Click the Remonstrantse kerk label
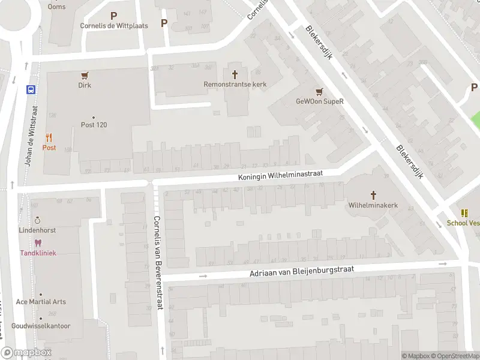[x=235, y=85]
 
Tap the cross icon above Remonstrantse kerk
[x=235, y=74]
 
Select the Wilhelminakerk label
[x=373, y=205]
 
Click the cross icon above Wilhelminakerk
[x=373, y=194]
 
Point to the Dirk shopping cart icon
[x=85, y=76]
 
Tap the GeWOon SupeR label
[x=319, y=101]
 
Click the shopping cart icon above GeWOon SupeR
[x=319, y=91]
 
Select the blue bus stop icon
[x=31, y=90]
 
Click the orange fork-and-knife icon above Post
[x=49, y=137]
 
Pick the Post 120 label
[x=94, y=125]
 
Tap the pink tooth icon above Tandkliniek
[x=38, y=243]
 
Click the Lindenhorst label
[x=38, y=230]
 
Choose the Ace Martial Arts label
[x=41, y=302]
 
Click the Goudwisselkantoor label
[x=41, y=326]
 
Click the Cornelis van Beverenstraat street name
[x=158, y=262]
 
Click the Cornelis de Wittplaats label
[x=114, y=26]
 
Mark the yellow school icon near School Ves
[x=464, y=213]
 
